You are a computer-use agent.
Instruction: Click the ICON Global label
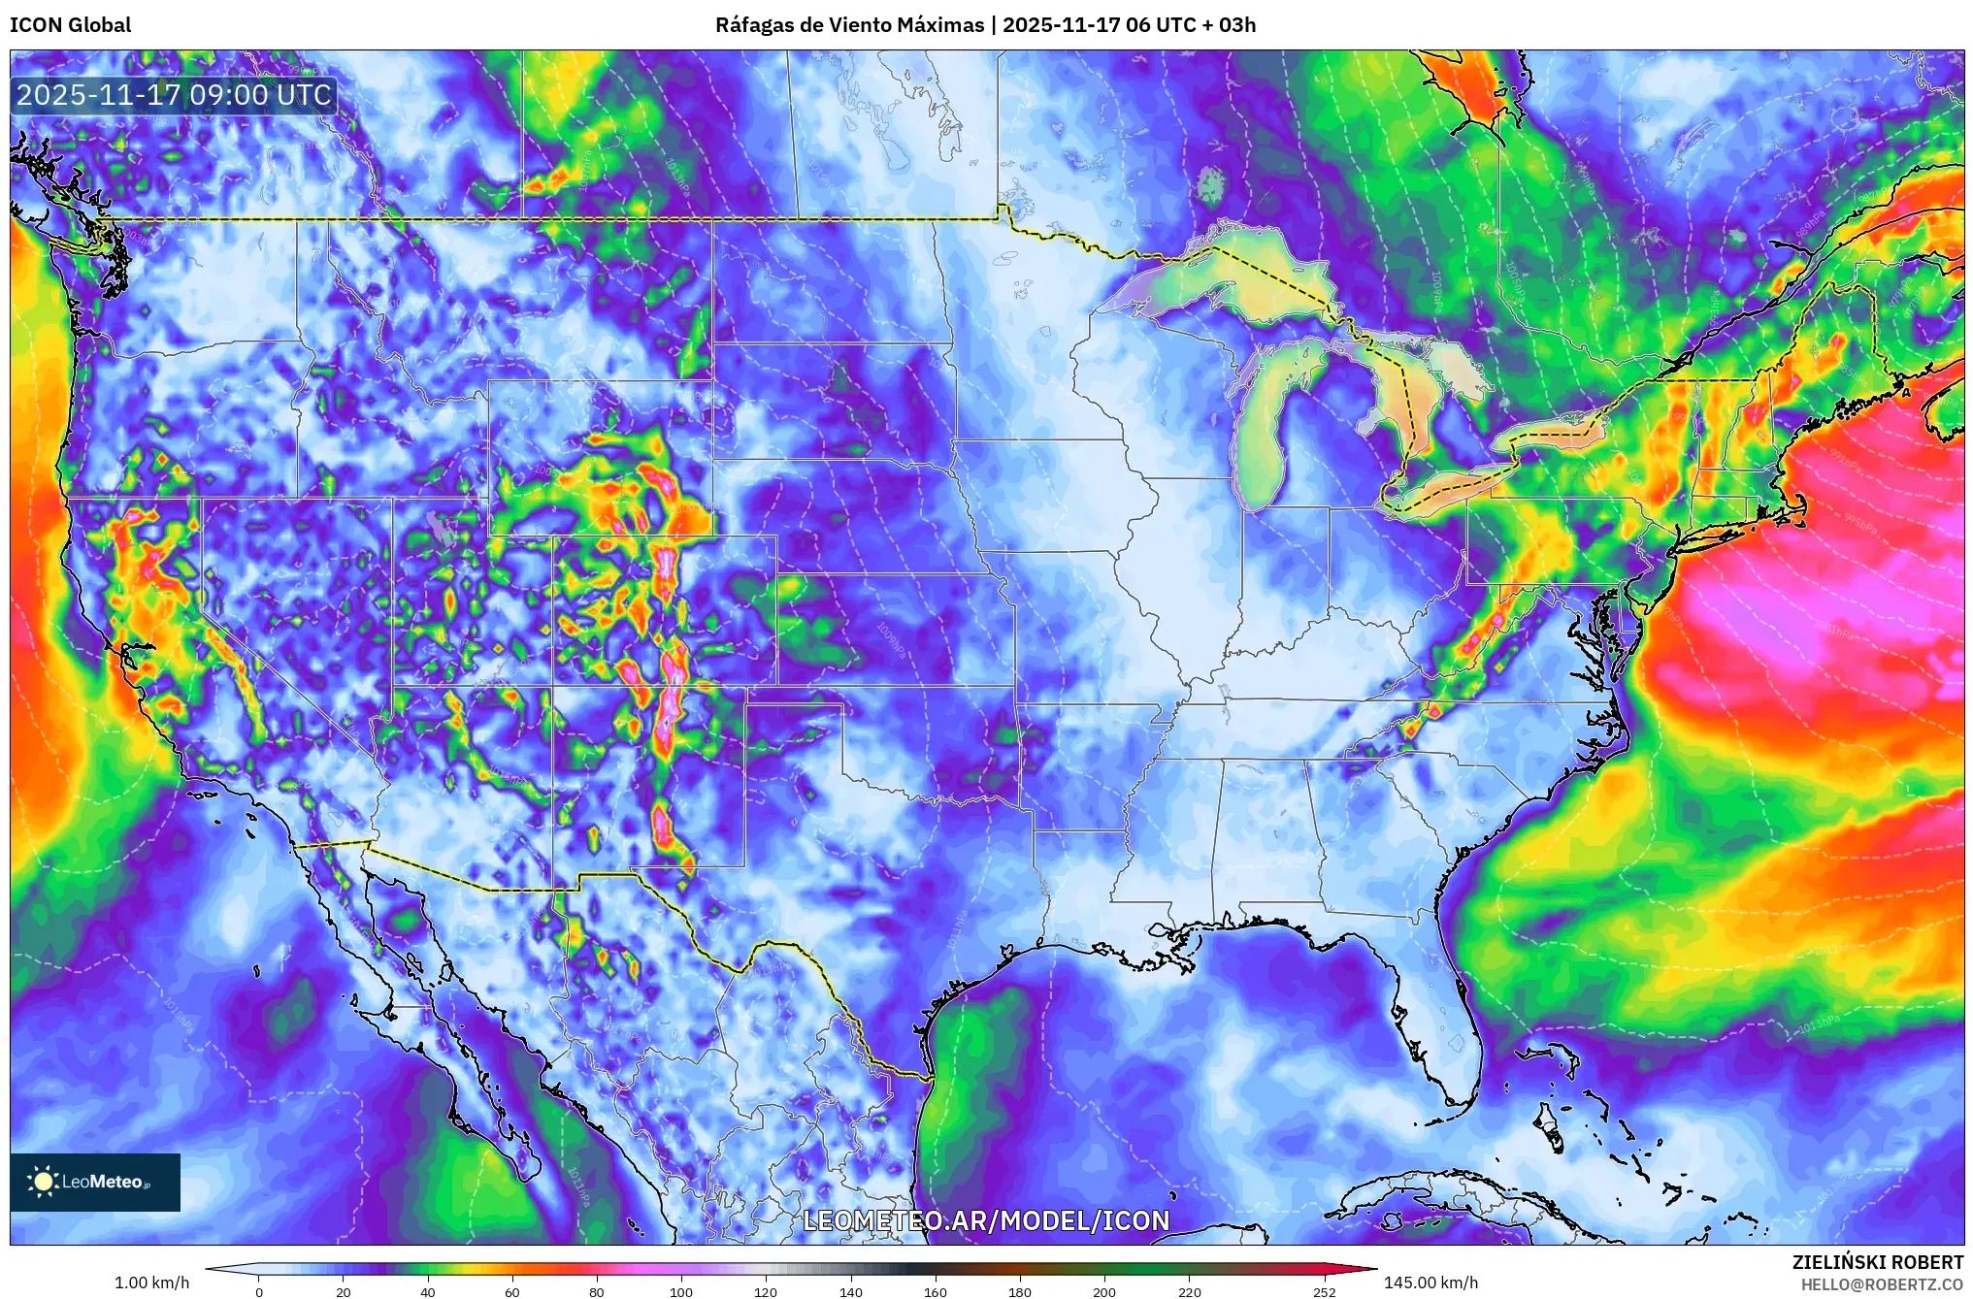click(x=70, y=25)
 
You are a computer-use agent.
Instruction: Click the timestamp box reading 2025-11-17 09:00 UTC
click(x=175, y=95)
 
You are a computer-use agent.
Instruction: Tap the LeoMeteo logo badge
click(x=95, y=1182)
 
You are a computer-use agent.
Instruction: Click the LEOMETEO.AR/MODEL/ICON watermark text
click(x=986, y=1220)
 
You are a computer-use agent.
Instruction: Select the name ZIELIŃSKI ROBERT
click(x=1877, y=1262)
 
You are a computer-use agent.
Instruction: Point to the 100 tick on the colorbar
click(x=681, y=1290)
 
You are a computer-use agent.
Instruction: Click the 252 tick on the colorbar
click(x=1324, y=1290)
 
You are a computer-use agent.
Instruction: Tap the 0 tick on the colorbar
click(x=259, y=1290)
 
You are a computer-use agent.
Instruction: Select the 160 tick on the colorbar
click(x=935, y=1290)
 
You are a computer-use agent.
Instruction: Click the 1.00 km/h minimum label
click(x=151, y=1283)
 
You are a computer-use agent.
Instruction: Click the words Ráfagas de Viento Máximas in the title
click(x=849, y=25)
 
